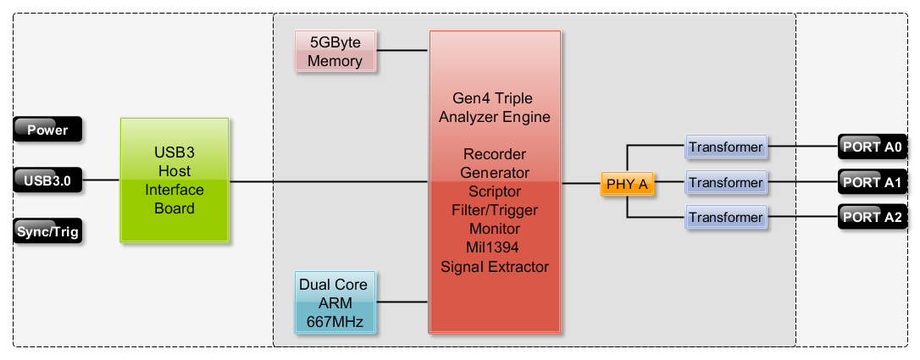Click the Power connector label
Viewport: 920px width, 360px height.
(47, 130)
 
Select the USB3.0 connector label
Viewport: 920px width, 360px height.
(47, 180)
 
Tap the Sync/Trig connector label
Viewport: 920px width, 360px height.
(47, 230)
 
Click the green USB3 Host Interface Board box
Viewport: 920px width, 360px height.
(175, 180)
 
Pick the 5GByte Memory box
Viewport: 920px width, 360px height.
(335, 51)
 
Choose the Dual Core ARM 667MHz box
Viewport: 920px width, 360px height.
(335, 302)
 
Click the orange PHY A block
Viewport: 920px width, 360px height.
(627, 184)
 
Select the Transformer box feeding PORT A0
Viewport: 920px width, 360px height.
(726, 147)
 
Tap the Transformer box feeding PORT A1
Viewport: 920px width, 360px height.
(726, 183)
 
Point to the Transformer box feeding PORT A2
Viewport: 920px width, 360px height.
(726, 218)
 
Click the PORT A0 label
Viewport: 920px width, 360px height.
(873, 147)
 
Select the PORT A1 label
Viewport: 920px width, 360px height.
(873, 182)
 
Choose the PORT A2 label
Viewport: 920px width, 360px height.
(873, 217)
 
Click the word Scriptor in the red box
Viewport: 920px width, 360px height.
(495, 191)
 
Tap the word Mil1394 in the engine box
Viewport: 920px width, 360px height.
(495, 247)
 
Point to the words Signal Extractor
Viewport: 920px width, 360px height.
(495, 267)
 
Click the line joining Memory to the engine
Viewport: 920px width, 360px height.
(402, 51)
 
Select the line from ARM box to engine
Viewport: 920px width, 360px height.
(402, 302)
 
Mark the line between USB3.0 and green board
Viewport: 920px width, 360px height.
(101, 180)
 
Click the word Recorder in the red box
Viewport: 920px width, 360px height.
(495, 154)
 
